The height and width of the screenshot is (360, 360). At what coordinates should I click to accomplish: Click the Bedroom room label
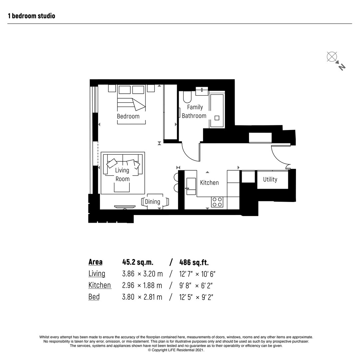(128, 116)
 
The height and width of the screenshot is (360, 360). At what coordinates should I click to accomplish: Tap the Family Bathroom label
(194, 111)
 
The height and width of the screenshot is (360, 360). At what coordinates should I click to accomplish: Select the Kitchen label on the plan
(209, 183)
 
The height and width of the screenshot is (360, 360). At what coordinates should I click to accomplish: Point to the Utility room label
(270, 179)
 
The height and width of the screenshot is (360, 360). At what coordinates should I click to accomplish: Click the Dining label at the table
(152, 202)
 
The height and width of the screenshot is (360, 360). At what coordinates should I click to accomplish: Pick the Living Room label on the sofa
(122, 174)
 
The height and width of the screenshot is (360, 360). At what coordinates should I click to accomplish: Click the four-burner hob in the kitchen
(217, 202)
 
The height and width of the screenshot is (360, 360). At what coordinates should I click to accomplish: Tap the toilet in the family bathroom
(187, 97)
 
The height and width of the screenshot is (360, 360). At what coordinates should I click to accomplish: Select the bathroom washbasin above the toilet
(202, 91)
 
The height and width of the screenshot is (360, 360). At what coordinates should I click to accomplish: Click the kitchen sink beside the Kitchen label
(191, 186)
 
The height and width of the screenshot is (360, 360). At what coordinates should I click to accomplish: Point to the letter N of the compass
(342, 67)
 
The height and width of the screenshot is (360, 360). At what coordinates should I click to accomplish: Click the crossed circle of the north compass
(332, 57)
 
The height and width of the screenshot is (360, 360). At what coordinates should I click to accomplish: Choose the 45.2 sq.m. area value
(138, 262)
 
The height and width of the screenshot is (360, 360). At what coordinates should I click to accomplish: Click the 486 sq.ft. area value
(194, 262)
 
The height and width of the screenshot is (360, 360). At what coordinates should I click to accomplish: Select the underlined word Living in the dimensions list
(97, 274)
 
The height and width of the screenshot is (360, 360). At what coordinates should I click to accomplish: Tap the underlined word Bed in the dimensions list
(94, 297)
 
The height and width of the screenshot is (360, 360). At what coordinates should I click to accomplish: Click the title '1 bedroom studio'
(31, 16)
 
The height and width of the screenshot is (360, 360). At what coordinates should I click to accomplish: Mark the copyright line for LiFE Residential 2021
(176, 350)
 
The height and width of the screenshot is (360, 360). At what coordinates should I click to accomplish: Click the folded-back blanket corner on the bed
(138, 104)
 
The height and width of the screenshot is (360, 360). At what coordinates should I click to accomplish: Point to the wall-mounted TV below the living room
(125, 207)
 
